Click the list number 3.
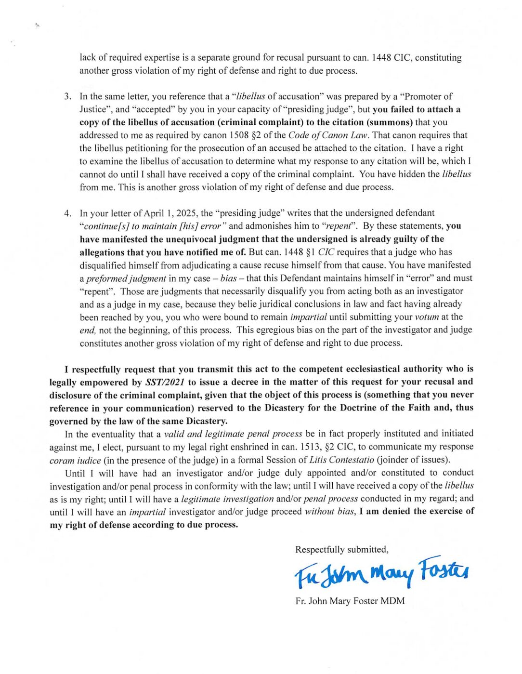67,96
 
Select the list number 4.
67,213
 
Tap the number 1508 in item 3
239,135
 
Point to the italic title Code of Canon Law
329,135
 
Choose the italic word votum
427,317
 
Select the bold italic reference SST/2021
165,382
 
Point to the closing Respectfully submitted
342,550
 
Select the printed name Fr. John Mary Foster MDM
350,601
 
